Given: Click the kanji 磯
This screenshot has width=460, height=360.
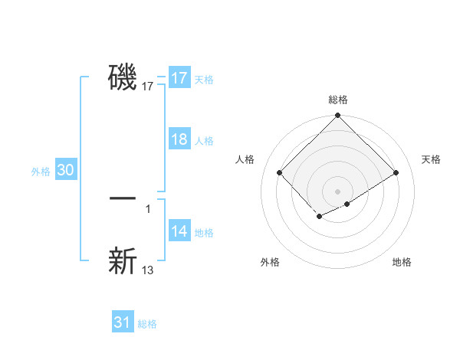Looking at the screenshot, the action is pos(123,77).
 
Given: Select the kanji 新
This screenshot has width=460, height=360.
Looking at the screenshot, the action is pos(123,260).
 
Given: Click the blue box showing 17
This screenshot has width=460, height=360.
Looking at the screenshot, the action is pos(179,78).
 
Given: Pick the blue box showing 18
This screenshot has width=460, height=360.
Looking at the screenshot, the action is pos(179,139).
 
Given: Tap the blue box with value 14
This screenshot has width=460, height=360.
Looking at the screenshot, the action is pos(179,231).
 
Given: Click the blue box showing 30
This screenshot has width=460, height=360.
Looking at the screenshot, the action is pos(65,171).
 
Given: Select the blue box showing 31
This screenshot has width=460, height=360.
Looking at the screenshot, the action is pos(122,322).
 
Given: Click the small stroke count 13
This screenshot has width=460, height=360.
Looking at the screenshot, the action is pos(148,270).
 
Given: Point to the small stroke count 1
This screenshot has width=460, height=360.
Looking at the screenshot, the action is pos(147,208).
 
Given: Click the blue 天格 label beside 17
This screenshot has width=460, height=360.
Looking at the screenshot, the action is pos(204,80).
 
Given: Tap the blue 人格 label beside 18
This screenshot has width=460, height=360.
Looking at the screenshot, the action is pos(204,141).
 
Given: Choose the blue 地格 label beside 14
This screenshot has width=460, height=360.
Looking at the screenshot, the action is pos(204,233).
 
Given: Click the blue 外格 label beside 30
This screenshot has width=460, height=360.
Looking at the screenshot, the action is pos(41,172).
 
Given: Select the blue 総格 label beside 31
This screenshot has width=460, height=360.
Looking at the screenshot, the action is pos(147,324).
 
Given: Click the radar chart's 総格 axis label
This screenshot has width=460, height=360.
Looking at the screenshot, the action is pos(337,100).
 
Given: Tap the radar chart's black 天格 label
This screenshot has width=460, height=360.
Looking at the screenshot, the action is pos(431,159).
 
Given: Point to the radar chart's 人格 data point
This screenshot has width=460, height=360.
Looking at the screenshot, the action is pos(280,172).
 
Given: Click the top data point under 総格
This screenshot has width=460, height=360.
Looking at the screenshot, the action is pos(337,116).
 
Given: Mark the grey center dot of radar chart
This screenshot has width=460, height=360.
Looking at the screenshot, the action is pos(337,191).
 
